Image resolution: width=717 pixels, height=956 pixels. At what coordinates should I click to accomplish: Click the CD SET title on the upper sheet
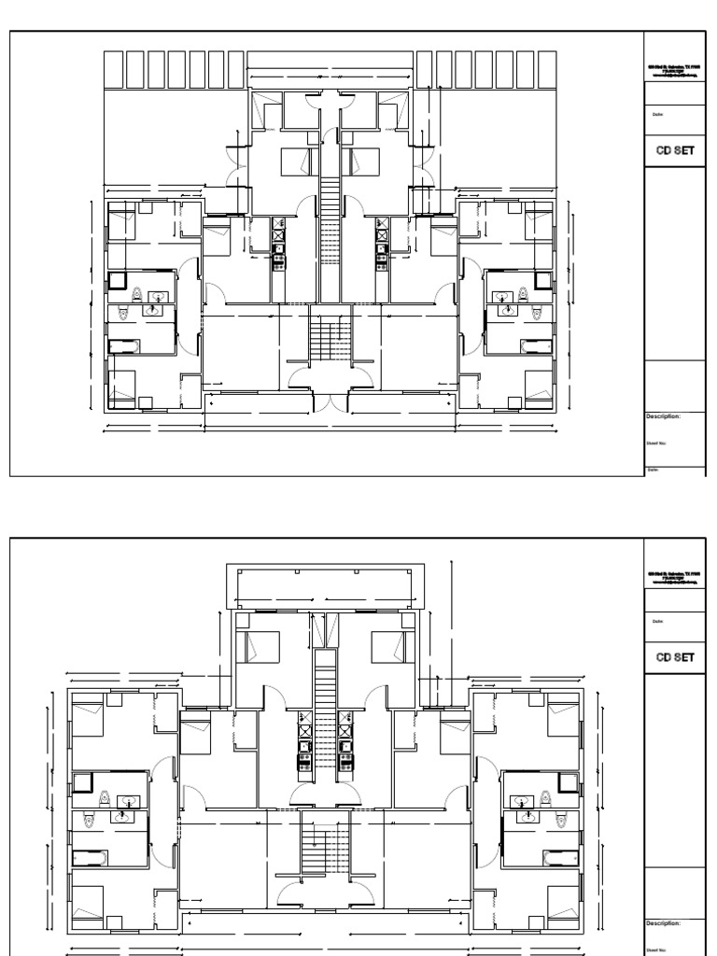point(675,151)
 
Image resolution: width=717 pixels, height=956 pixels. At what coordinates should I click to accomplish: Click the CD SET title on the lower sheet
point(675,656)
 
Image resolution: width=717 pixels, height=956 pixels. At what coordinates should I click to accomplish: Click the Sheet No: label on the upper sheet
point(657,444)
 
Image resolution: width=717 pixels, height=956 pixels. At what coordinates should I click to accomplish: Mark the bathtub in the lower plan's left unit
point(91,857)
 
